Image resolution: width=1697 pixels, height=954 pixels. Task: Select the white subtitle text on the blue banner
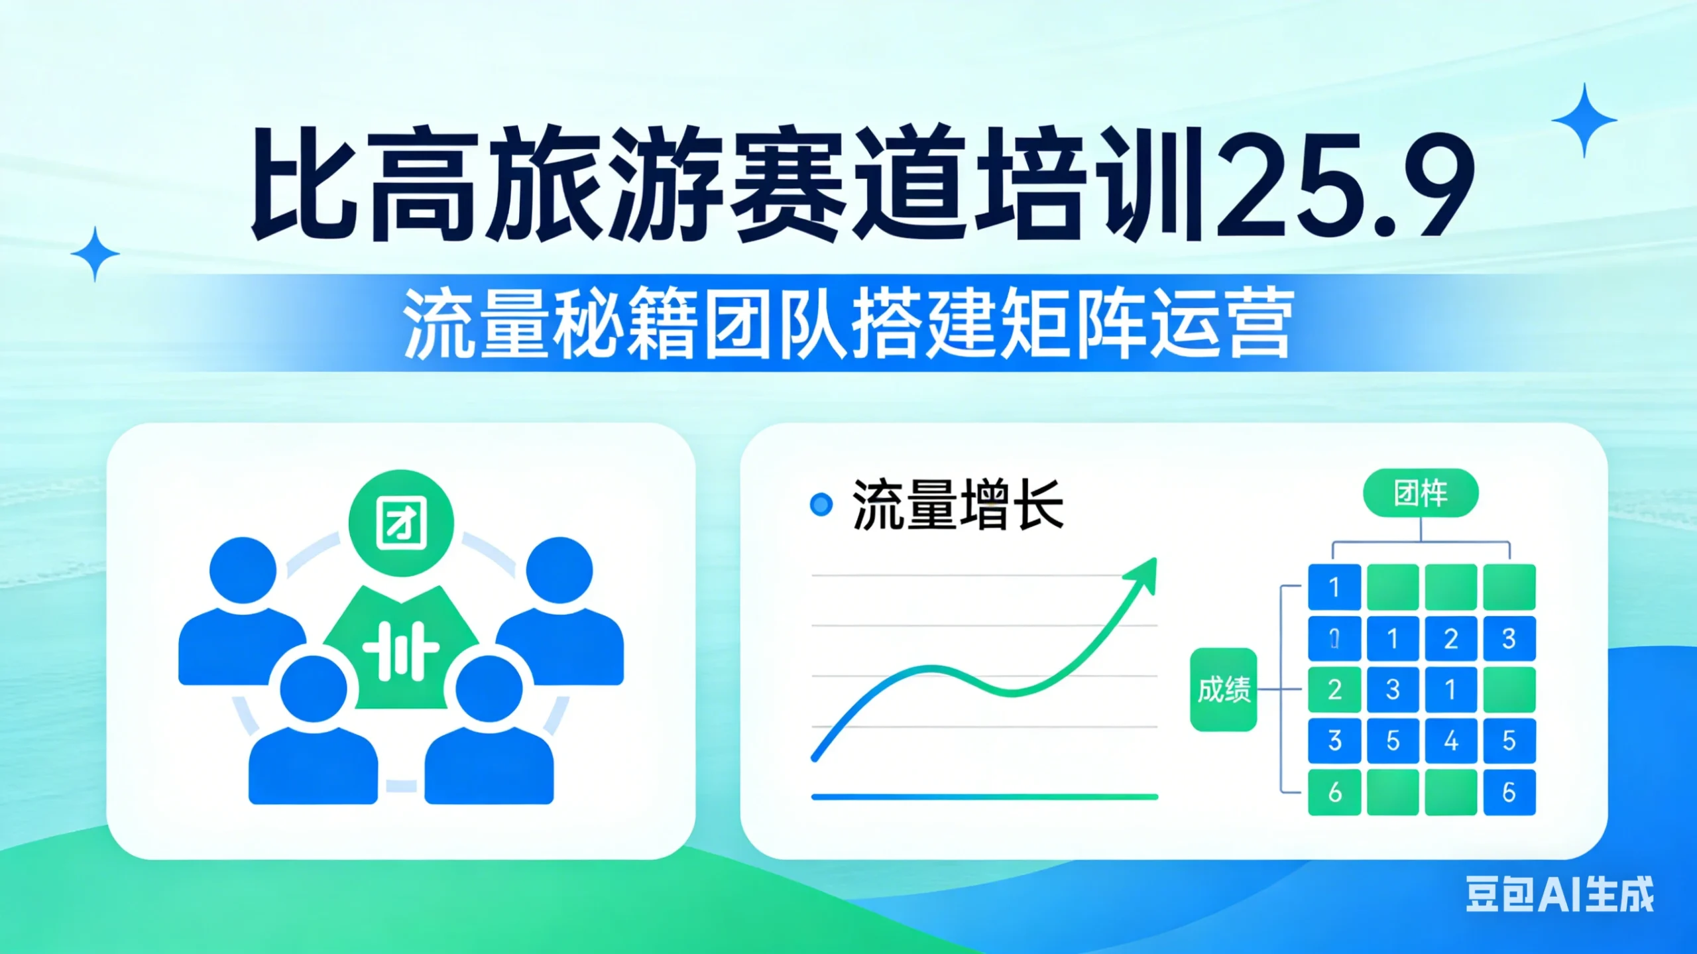[848, 324]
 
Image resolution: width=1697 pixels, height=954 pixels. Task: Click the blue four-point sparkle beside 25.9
[1584, 121]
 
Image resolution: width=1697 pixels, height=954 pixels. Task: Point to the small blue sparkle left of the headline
[95, 254]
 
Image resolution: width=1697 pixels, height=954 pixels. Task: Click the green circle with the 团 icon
[401, 522]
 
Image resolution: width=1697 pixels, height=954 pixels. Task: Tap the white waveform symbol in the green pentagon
[400, 651]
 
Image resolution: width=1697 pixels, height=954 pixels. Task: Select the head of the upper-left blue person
[243, 570]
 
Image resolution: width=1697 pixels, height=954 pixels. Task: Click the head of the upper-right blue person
[559, 570]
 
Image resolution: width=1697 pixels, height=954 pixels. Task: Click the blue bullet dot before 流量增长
[821, 505]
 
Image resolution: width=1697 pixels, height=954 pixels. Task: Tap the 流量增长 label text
[957, 505]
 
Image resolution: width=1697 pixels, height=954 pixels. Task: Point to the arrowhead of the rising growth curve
[1143, 573]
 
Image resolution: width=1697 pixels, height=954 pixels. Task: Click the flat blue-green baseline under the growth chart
[984, 797]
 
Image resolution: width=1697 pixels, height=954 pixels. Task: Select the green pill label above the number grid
[1421, 493]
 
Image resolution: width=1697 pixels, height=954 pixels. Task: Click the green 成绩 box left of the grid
[1224, 689]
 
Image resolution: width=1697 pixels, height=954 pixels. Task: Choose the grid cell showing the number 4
[1450, 741]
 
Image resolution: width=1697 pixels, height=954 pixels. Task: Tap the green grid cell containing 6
[1334, 792]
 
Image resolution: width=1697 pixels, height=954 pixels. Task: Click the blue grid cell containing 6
[1509, 792]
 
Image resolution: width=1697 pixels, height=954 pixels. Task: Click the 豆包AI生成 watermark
[1559, 894]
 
